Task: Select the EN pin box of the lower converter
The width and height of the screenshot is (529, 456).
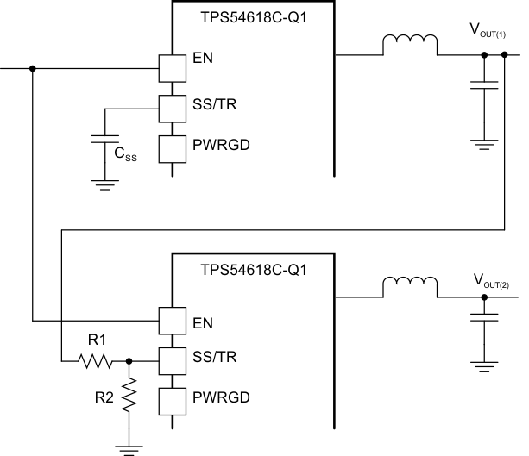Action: click(173, 322)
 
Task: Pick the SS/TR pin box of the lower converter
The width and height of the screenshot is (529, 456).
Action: click(173, 361)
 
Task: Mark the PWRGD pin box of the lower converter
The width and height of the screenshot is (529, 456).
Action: click(173, 402)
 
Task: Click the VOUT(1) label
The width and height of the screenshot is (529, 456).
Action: click(488, 30)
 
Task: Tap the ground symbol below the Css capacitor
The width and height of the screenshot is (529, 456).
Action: click(104, 180)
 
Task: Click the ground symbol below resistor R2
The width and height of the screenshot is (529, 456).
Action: click(129, 445)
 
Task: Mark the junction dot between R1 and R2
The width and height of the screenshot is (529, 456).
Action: click(129, 361)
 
